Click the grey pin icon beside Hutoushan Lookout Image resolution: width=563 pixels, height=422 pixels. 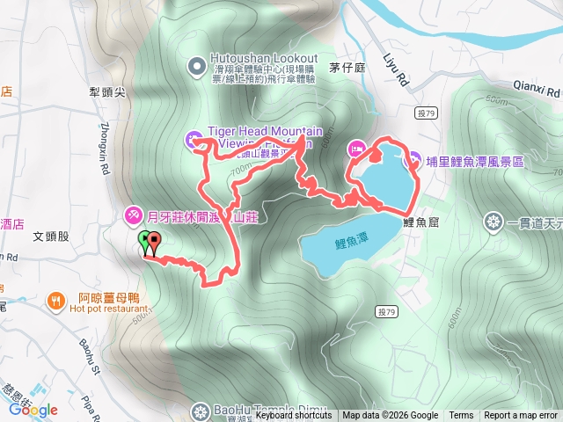coord(196,64)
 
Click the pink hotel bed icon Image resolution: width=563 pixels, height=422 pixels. coord(356,148)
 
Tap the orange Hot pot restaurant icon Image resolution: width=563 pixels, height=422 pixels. coord(55,301)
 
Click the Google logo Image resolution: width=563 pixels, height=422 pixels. coord(33,409)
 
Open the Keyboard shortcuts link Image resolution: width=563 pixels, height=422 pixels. coord(294,416)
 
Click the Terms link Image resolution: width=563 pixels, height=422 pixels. coord(461,416)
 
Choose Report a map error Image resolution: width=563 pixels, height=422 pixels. coord(521,416)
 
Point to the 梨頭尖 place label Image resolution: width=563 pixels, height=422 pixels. coord(109,91)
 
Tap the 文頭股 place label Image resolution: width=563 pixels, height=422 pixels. coord(50,236)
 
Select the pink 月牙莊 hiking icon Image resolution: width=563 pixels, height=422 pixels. coord(133,214)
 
